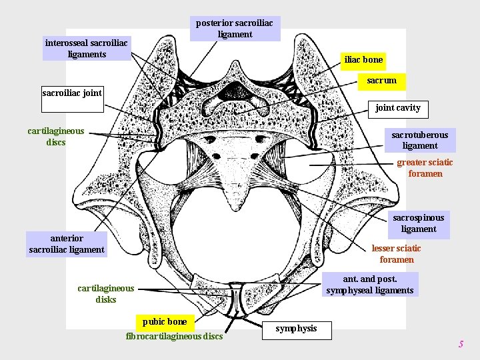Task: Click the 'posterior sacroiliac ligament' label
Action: click(235, 29)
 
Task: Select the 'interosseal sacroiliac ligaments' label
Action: click(87, 49)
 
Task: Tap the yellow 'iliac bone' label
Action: click(363, 60)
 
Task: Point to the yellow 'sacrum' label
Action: click(381, 81)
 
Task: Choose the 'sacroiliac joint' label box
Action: click(72, 93)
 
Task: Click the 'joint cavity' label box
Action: click(397, 107)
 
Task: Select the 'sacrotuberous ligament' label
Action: click(419, 140)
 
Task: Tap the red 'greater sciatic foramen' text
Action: click(425, 168)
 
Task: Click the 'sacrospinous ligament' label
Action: click(418, 223)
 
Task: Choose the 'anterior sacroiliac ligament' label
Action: click(67, 244)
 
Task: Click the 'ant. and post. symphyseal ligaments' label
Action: click(370, 285)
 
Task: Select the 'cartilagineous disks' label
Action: click(105, 294)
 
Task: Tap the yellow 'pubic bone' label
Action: click(165, 322)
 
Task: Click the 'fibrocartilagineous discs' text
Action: click(174, 336)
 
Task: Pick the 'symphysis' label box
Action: click(296, 329)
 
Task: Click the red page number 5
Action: click(460, 344)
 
